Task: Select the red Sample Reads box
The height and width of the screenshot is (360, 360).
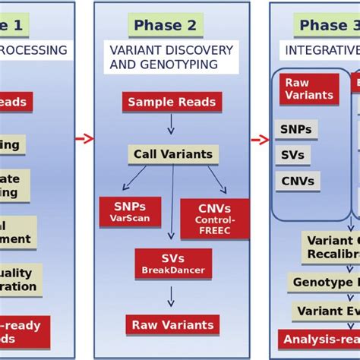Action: pyautogui.click(x=172, y=102)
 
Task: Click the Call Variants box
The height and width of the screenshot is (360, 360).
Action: pyautogui.click(x=173, y=154)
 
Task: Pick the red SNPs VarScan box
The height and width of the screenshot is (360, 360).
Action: pyautogui.click(x=130, y=212)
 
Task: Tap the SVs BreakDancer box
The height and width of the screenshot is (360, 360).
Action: pyautogui.click(x=173, y=263)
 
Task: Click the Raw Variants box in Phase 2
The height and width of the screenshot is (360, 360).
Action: pyautogui.click(x=172, y=325)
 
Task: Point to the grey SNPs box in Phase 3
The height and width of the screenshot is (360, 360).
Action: pyautogui.click(x=296, y=130)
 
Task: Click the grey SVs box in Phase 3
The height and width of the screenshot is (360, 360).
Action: pyautogui.click(x=292, y=155)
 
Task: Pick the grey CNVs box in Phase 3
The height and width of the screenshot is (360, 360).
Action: pyautogui.click(x=297, y=181)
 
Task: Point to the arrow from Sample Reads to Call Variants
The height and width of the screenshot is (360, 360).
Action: pyautogui.click(x=172, y=124)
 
